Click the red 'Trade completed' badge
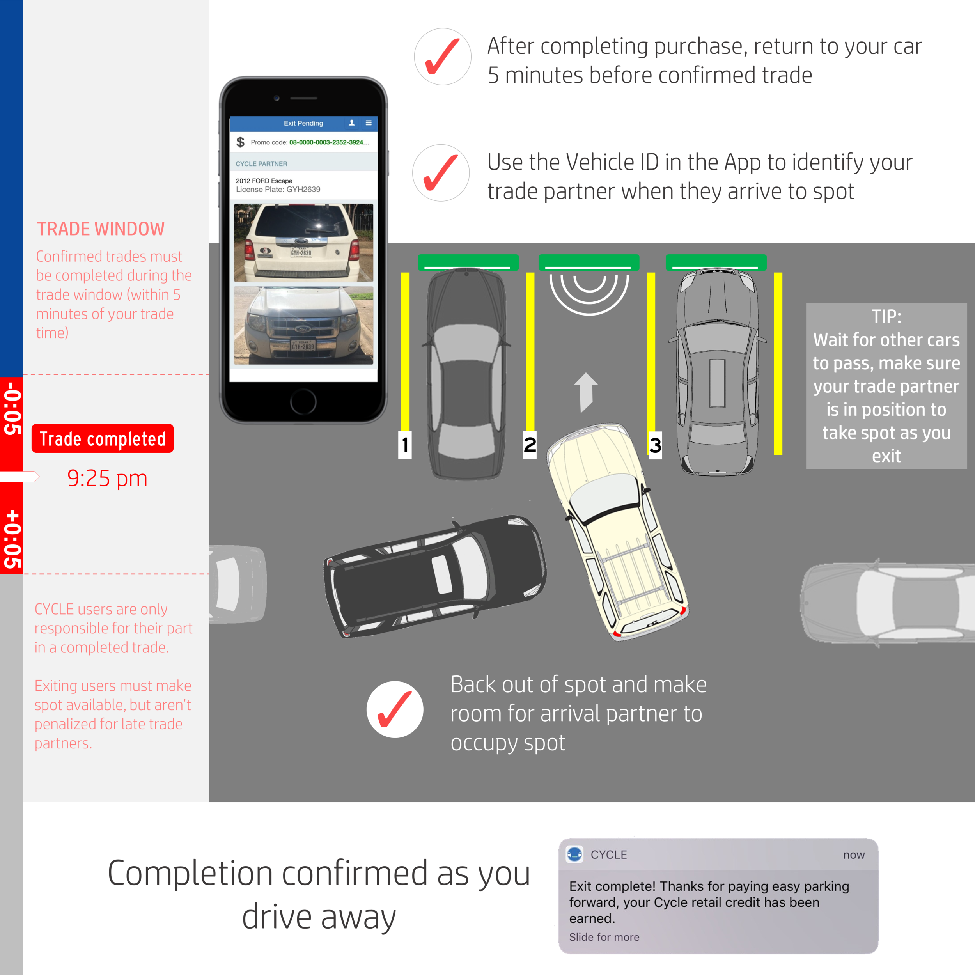point(103,438)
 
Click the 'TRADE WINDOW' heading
point(101,229)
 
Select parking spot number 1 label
point(405,445)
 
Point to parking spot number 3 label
point(655,445)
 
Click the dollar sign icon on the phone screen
point(241,142)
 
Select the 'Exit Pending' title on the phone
point(303,123)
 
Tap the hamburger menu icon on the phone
point(369,122)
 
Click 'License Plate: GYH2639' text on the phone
point(278,190)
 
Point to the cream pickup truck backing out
point(617,530)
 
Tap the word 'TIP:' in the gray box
point(886,316)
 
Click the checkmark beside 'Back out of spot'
point(395,709)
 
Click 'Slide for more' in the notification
point(604,937)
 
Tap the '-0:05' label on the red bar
point(12,409)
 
